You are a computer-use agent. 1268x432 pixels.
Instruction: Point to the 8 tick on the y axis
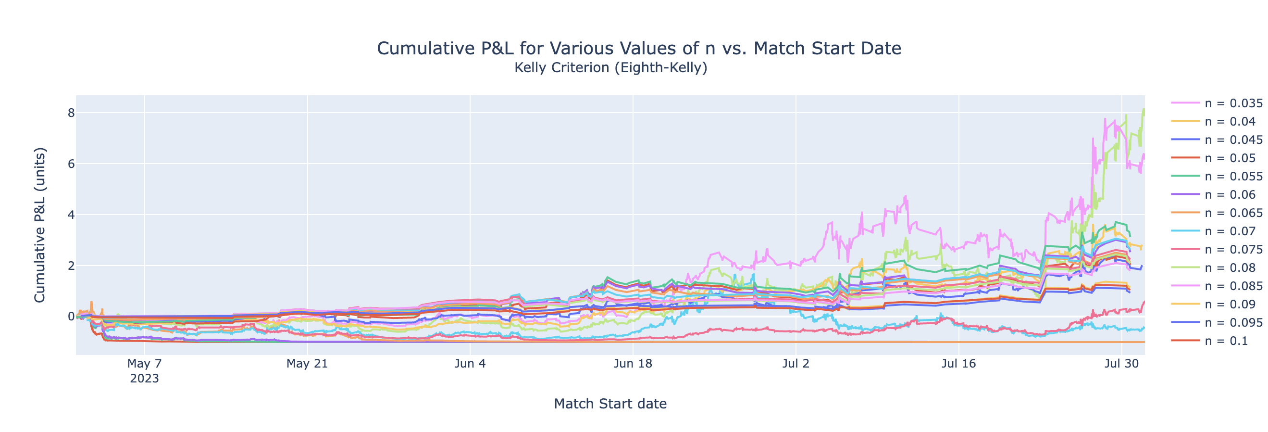click(x=71, y=113)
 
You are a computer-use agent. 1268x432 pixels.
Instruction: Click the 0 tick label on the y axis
click(x=71, y=316)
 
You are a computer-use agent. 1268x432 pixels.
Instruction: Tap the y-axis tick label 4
click(x=71, y=215)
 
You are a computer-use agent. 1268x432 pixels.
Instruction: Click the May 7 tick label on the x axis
click(x=144, y=364)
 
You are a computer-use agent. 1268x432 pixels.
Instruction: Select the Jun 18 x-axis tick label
click(x=633, y=364)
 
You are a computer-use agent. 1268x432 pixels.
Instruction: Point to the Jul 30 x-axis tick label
click(x=1121, y=364)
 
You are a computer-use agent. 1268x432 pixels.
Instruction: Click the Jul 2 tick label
click(x=796, y=364)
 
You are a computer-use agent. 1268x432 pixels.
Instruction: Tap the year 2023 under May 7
click(x=144, y=379)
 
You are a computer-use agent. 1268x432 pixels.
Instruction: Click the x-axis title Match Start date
click(x=610, y=404)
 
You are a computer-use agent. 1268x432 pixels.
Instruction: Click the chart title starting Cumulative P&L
click(x=638, y=48)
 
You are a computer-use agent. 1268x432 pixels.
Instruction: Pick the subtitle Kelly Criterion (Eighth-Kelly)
click(x=610, y=67)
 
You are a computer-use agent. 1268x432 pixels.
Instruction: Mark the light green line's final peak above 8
click(x=1144, y=109)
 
